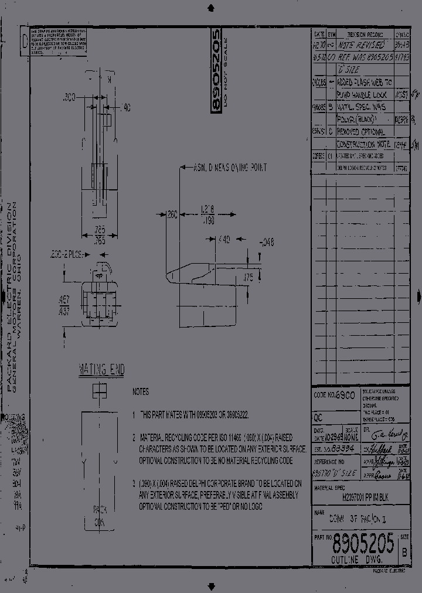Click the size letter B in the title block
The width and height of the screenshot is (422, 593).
pyautogui.click(x=404, y=551)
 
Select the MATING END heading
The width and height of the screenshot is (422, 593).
pyautogui.click(x=101, y=370)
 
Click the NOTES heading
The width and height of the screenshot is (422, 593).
pyautogui.click(x=141, y=391)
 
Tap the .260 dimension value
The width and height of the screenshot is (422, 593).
pyautogui.click(x=171, y=216)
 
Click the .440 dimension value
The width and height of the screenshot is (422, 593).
pyautogui.click(x=223, y=240)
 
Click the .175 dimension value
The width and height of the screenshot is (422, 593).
pyautogui.click(x=248, y=276)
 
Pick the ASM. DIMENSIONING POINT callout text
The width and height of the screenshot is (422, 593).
pyautogui.click(x=230, y=168)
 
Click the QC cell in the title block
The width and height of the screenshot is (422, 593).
pyautogui.click(x=319, y=419)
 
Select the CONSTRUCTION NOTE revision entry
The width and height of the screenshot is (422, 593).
pyautogui.click(x=364, y=144)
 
